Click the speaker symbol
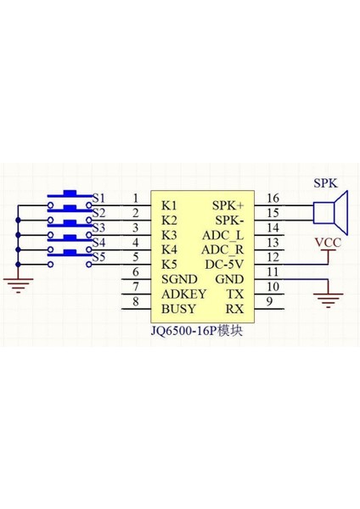(x=329, y=211)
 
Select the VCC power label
(x=329, y=243)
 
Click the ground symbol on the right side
(x=328, y=296)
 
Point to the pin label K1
(x=169, y=205)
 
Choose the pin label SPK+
(x=228, y=205)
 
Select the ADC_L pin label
(x=222, y=234)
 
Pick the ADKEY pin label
(x=182, y=293)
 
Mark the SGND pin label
(x=179, y=278)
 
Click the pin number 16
(x=273, y=199)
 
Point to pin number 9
(x=270, y=301)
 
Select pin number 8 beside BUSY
(x=136, y=301)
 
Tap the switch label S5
(x=98, y=257)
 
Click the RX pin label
(x=235, y=308)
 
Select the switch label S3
(x=98, y=227)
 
